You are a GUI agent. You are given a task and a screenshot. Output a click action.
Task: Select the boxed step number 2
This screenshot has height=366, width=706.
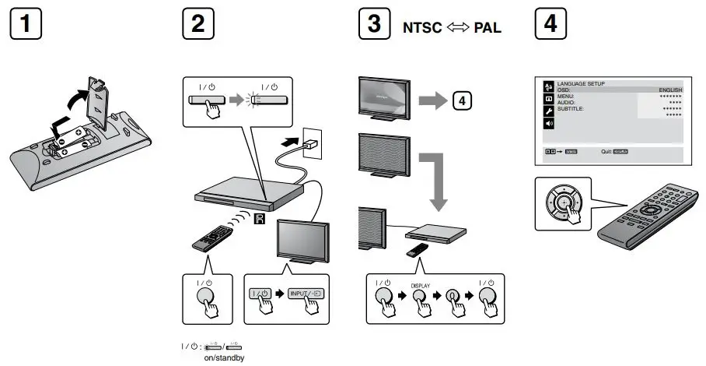click(x=198, y=24)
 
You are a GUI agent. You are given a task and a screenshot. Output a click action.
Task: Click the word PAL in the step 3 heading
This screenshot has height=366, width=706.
click(x=487, y=26)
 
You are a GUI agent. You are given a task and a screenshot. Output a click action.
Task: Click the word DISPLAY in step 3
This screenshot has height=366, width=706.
click(x=421, y=286)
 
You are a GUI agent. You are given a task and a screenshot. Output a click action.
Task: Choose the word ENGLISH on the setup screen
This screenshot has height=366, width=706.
click(x=670, y=90)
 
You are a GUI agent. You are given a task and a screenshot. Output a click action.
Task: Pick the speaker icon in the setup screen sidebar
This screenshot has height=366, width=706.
click(x=547, y=124)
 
